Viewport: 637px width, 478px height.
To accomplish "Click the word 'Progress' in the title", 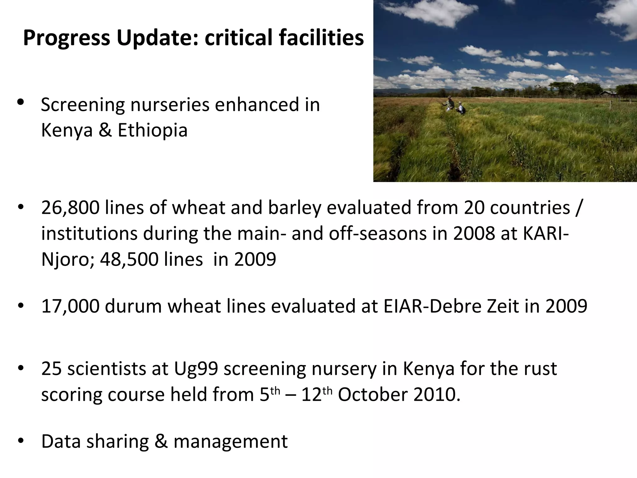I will (66, 38).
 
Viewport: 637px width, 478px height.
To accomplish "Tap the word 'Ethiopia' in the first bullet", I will (152, 130).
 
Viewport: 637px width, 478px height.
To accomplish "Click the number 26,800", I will (70, 208).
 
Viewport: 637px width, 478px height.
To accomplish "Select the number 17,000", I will (70, 306).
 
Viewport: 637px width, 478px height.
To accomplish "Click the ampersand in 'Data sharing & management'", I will (161, 441).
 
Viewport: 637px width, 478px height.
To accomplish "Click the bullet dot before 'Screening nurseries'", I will (21, 102).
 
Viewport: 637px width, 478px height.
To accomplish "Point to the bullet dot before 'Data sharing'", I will (21, 441).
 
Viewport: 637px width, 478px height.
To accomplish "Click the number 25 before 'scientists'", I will (51, 369).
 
